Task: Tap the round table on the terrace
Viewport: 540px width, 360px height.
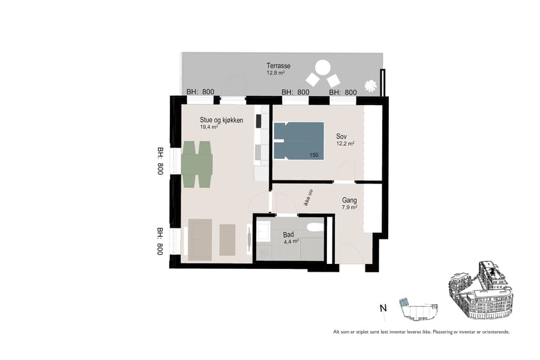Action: click(323, 67)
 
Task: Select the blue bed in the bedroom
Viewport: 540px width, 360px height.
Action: click(298, 141)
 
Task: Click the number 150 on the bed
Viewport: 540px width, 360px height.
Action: click(314, 155)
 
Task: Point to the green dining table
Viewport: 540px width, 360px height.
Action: click(197, 164)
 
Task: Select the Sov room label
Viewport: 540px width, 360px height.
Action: click(341, 136)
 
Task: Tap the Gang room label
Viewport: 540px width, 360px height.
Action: click(349, 201)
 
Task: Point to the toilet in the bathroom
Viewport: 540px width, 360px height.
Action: click(314, 227)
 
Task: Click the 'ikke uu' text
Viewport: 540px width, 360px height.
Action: click(307, 196)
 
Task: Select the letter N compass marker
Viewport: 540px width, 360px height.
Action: click(383, 309)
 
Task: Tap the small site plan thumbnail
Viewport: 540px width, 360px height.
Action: click(418, 308)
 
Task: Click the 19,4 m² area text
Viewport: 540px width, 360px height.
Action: click(209, 127)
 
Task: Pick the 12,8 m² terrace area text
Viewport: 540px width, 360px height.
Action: click(275, 73)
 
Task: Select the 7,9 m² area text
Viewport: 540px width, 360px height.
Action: click(349, 208)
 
